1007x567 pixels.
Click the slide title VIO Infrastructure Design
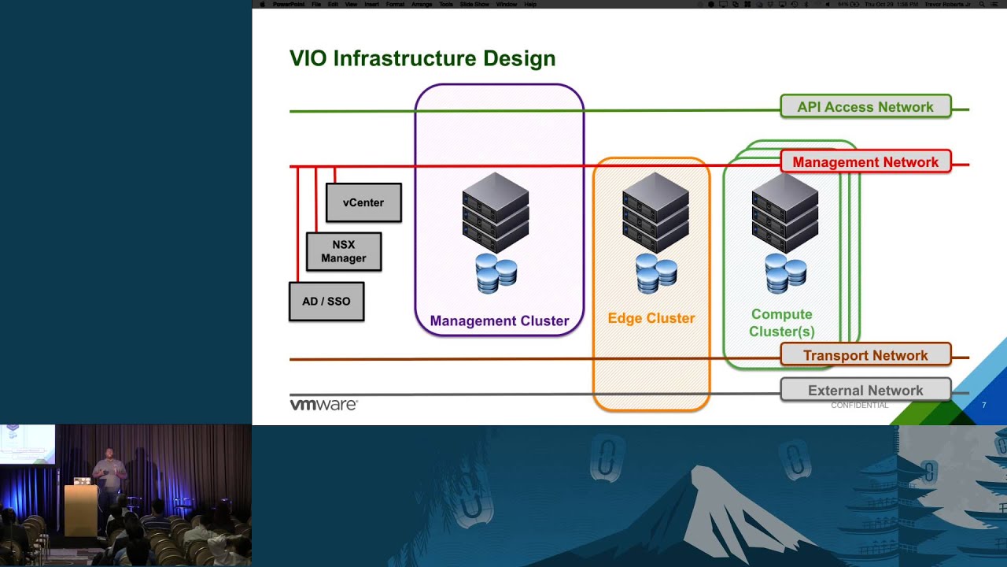pos(422,59)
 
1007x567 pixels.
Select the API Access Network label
pos(865,106)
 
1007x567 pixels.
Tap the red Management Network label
pos(865,161)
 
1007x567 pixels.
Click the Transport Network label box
pos(865,355)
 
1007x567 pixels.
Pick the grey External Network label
pos(865,390)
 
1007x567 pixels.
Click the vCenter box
pos(363,202)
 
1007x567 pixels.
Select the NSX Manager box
pos(344,251)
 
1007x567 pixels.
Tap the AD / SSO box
pos(326,302)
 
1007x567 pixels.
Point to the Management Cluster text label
pos(499,321)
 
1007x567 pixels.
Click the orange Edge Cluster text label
pos(651,318)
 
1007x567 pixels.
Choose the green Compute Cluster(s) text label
pos(781,323)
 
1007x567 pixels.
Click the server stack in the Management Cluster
pos(496,212)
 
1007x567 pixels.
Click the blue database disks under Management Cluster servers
pos(496,273)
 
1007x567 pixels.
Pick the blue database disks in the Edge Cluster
pos(656,273)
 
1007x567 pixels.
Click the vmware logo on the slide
pos(323,405)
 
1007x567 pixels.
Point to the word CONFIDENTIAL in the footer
pos(859,405)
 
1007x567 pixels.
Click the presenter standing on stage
pos(109,472)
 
